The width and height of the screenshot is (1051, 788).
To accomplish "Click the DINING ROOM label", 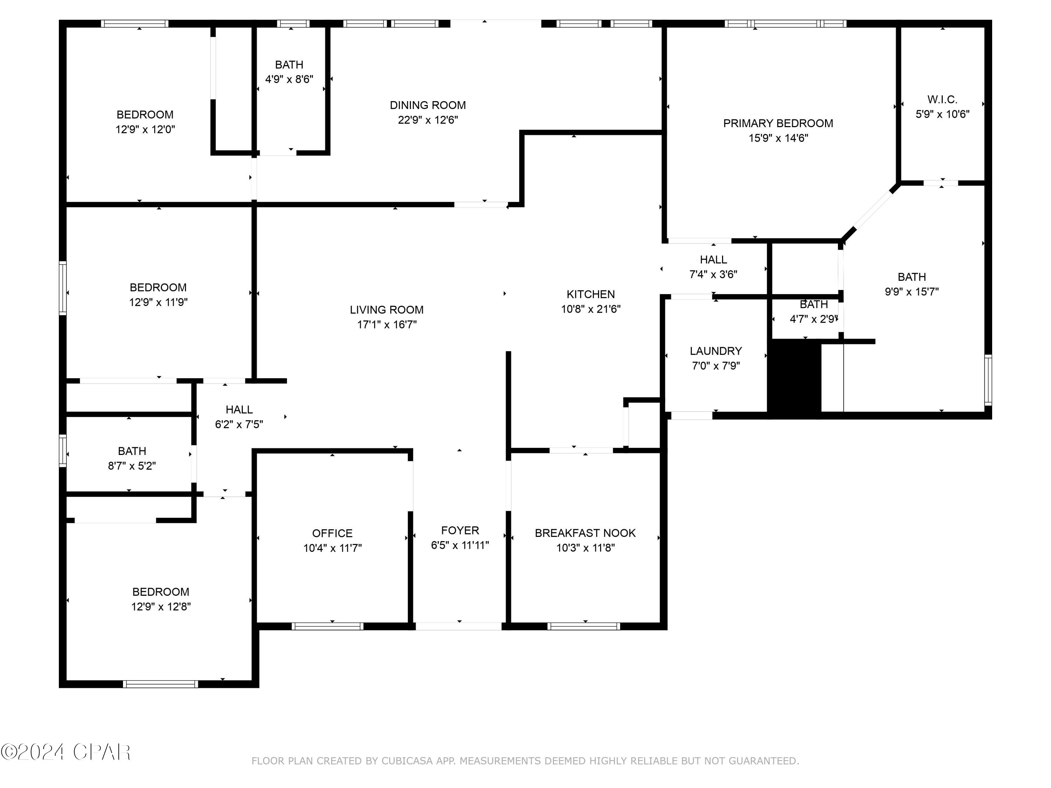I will [428, 105].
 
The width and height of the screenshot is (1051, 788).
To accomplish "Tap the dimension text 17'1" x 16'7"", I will [387, 324].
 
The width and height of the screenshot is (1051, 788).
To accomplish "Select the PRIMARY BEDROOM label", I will [778, 124].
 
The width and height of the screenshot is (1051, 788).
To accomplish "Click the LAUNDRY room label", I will [715, 351].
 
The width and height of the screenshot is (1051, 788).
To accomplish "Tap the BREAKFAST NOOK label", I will [585, 533].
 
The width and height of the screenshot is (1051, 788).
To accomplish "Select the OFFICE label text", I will [332, 533].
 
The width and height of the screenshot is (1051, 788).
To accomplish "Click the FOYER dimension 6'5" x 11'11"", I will [459, 545].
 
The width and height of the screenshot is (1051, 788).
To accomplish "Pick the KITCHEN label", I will [591, 295].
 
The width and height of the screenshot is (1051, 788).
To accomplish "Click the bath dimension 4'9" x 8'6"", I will [289, 79].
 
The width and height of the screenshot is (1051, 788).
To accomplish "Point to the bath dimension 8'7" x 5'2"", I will [132, 466].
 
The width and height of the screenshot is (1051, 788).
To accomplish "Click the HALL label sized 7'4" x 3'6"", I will [713, 260].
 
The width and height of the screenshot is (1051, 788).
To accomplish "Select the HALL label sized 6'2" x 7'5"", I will [239, 409].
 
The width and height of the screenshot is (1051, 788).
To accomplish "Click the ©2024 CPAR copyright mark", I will [66, 752].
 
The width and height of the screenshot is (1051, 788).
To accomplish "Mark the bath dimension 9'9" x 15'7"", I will [911, 292].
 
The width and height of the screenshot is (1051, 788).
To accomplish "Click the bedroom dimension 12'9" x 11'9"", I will [158, 302].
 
